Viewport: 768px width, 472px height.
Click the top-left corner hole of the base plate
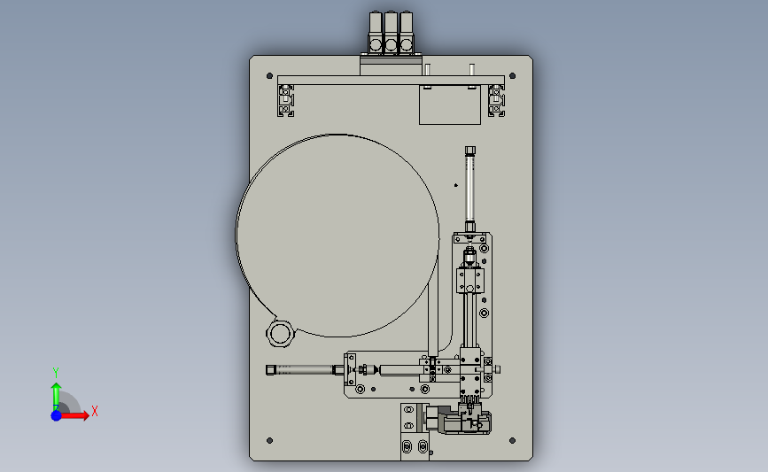(x=269, y=76)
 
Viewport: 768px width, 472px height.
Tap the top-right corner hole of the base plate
(x=512, y=76)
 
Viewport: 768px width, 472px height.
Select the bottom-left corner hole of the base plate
(x=269, y=441)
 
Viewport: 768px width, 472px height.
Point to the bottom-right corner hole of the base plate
(x=512, y=441)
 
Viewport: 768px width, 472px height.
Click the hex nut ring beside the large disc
(x=280, y=333)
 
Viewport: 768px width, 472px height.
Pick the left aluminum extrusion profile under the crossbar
(x=286, y=101)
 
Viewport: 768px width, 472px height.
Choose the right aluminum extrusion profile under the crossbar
(x=496, y=101)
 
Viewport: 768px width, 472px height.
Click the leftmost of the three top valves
(x=376, y=33)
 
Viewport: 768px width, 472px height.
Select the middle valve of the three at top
(x=391, y=33)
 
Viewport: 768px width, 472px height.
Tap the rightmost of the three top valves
(x=406, y=33)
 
